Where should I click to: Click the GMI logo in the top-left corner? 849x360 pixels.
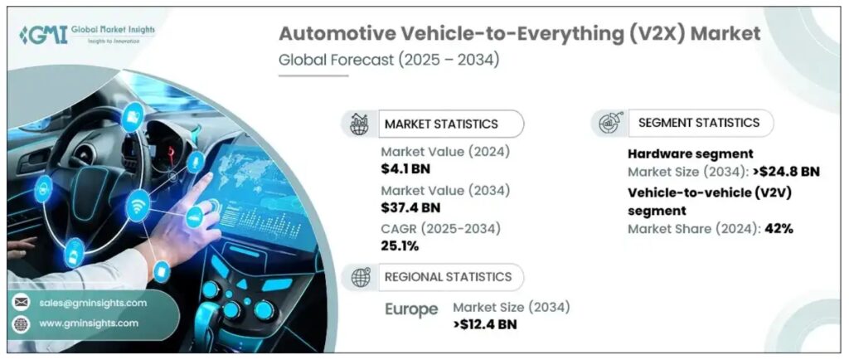tap(82, 35)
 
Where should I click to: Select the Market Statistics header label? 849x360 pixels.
tap(440, 124)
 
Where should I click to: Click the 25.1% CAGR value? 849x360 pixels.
tap(400, 246)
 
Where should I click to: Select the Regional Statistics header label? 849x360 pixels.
tap(445, 277)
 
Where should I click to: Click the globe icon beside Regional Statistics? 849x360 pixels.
tap(361, 277)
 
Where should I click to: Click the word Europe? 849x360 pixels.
tap(411, 309)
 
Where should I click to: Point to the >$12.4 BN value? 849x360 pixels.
tap(485, 324)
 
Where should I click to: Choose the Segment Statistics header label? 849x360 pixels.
tap(698, 122)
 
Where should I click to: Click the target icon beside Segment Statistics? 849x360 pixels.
tap(607, 123)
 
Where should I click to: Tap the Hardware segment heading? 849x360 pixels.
tap(690, 154)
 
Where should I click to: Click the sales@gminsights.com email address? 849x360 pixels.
tap(92, 303)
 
